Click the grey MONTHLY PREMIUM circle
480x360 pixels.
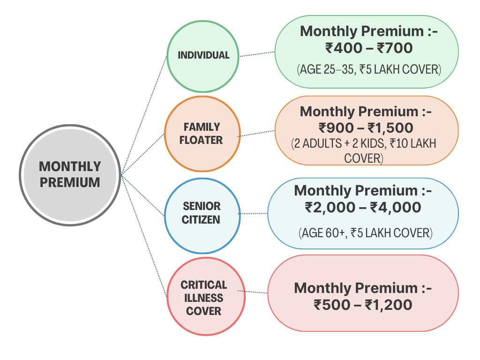click(x=70, y=174)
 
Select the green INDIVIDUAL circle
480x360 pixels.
click(x=203, y=55)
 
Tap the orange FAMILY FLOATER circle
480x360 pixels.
click(x=202, y=134)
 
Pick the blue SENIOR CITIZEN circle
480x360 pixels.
click(x=202, y=213)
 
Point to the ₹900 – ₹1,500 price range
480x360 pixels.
click(x=366, y=127)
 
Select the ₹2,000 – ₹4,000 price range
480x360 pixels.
click(x=363, y=207)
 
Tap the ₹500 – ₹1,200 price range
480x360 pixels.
click(x=363, y=305)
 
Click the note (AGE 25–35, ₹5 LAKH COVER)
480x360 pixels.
click(x=369, y=70)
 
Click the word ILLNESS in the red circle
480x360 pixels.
click(x=203, y=298)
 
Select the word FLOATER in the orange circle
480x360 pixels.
click(x=201, y=140)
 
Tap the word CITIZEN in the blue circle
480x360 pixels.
click(x=202, y=220)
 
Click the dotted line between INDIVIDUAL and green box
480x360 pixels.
click(x=257, y=54)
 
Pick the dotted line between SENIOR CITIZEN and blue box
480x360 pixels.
click(x=253, y=214)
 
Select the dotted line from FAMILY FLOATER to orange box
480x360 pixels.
click(x=256, y=133)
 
